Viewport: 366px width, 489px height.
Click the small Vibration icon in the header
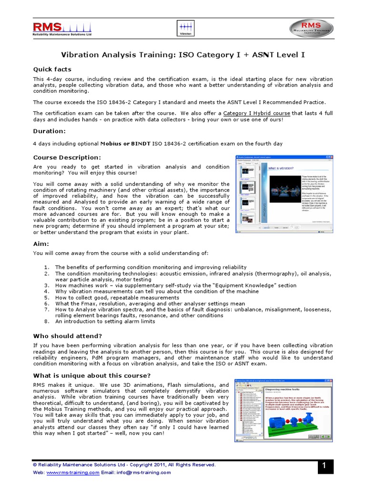click(185, 28)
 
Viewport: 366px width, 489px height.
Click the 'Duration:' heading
click(49, 131)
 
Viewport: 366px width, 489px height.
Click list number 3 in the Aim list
click(47, 285)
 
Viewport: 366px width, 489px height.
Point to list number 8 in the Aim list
click(47, 321)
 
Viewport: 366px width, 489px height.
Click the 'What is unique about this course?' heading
click(91, 375)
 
